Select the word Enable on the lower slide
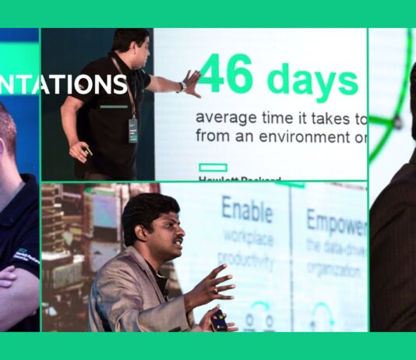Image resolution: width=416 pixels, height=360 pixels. (x=247, y=210)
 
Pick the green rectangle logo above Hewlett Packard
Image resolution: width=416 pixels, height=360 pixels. (x=213, y=167)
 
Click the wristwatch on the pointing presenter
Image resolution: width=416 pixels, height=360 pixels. (x=181, y=87)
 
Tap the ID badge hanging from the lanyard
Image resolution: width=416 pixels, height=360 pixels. (x=133, y=130)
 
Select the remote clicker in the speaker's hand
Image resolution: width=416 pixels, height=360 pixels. (x=219, y=319)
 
